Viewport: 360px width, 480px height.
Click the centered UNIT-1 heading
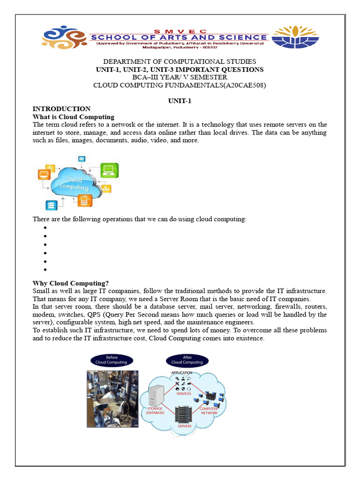(x=180, y=101)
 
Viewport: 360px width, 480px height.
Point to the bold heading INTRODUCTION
(x=61, y=109)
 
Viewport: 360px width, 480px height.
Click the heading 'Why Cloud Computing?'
(x=70, y=283)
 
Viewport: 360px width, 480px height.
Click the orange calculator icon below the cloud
(x=84, y=201)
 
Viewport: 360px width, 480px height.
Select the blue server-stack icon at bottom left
(x=51, y=205)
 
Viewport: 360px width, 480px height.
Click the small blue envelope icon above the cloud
(x=82, y=159)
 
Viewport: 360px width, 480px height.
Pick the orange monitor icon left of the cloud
(x=45, y=175)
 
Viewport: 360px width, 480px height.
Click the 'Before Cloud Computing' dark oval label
(x=111, y=360)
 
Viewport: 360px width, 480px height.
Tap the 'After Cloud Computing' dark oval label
(x=187, y=360)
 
